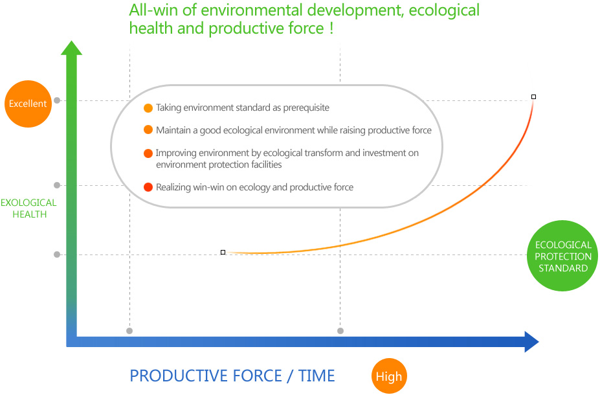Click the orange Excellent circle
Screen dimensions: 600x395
click(28, 104)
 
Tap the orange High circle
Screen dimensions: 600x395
click(389, 376)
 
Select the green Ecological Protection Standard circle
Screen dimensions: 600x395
click(562, 256)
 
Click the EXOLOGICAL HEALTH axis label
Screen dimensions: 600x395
click(28, 209)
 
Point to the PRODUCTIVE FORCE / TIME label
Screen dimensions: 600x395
click(232, 376)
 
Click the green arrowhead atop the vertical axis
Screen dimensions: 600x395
click(72, 48)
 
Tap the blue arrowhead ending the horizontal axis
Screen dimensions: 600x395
click(531, 342)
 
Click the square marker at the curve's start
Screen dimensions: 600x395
click(223, 253)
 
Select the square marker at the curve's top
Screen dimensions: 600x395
click(534, 97)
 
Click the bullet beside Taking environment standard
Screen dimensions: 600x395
click(148, 108)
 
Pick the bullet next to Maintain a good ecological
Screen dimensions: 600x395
click(148, 130)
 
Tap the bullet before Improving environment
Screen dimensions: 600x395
click(148, 153)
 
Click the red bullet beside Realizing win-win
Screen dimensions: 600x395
click(148, 187)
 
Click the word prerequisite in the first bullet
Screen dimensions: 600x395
click(306, 108)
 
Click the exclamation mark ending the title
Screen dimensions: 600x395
click(331, 28)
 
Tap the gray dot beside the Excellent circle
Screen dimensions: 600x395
click(57, 100)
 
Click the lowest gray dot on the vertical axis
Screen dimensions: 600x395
click(57, 254)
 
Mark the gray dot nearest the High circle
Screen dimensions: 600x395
click(340, 331)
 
